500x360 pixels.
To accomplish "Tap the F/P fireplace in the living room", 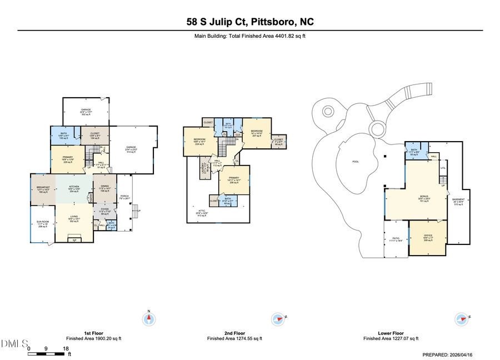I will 74,240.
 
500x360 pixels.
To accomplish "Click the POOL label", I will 356,162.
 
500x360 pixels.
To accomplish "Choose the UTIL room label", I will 443,168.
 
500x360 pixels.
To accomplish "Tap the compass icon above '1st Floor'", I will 149,319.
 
